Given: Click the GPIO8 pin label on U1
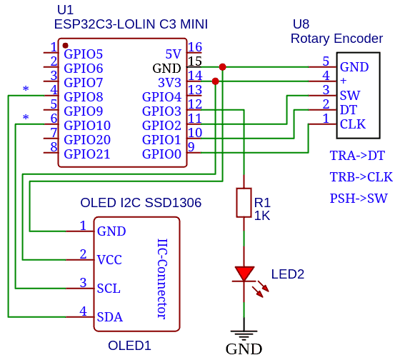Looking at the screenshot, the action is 84,97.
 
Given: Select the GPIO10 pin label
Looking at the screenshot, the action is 87,126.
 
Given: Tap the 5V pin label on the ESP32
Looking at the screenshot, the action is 174,54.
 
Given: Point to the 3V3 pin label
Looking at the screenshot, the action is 169,83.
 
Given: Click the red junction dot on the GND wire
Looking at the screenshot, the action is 222,67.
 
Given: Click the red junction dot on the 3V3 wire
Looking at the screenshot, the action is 216,81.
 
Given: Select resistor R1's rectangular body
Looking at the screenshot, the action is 244,203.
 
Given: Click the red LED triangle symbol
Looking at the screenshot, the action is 244,274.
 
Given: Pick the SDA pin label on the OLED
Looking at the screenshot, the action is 110,317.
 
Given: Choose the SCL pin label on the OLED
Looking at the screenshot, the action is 109,289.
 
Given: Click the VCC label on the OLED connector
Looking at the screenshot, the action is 109,260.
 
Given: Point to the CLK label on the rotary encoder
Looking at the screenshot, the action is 353,124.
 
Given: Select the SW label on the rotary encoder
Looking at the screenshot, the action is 350,96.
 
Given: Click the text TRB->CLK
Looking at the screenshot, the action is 361,177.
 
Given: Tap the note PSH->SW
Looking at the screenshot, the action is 359,199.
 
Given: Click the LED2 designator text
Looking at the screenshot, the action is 288,274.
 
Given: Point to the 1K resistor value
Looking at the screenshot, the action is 262,216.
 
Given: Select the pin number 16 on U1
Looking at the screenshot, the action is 195,47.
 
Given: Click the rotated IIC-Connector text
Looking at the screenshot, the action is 162,279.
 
